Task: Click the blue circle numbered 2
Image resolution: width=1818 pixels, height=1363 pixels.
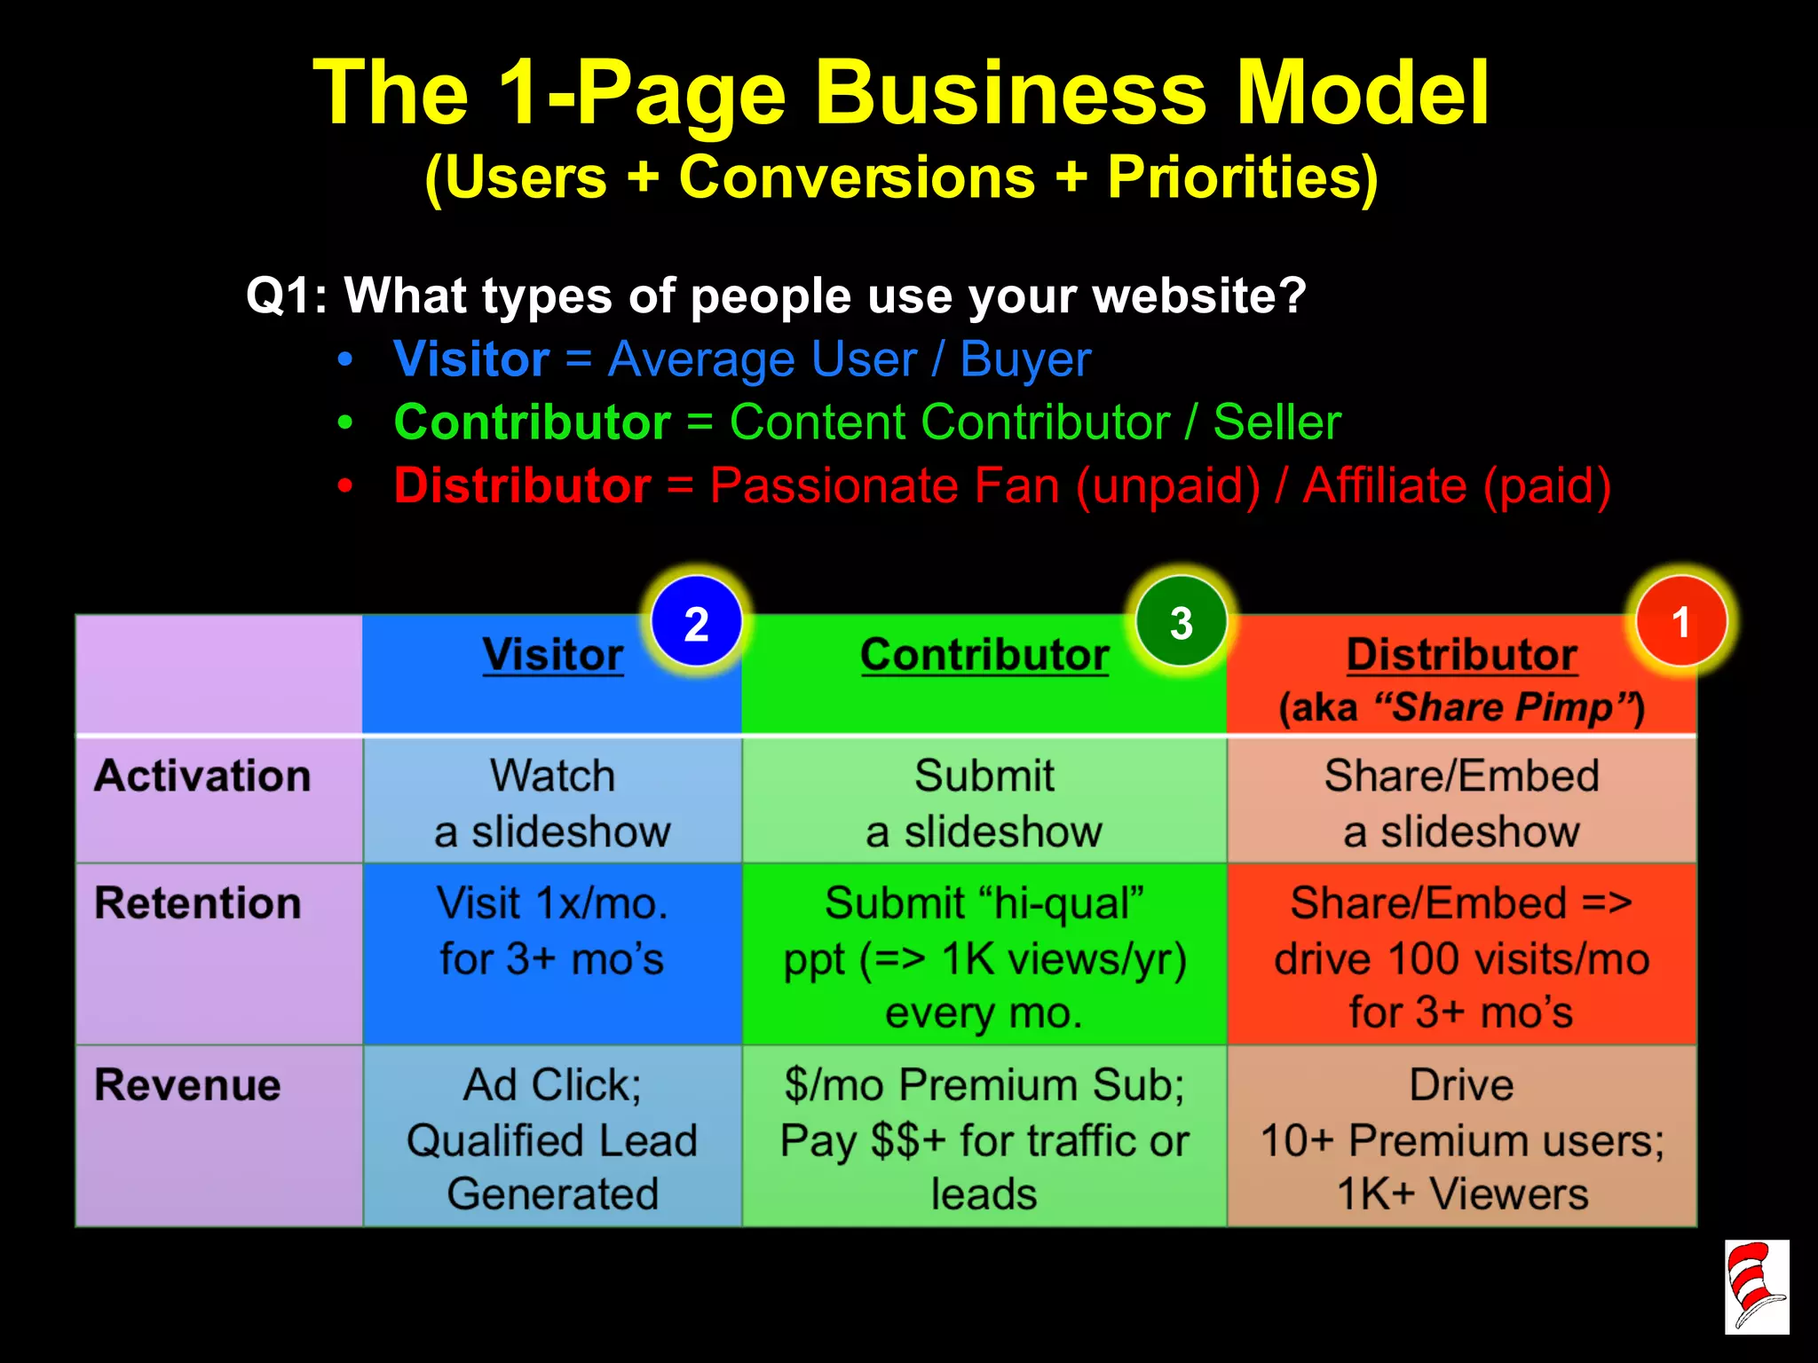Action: point(696,622)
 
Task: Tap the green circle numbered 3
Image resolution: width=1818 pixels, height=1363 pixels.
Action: point(1181,622)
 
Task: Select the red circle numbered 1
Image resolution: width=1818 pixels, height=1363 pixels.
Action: point(1680,621)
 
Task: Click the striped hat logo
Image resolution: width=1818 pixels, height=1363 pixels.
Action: point(1756,1287)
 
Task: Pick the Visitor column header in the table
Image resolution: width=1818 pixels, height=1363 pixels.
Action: point(552,656)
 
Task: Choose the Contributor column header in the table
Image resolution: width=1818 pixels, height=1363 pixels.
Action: point(984,656)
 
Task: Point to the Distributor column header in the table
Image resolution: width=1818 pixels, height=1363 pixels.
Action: point(1461,656)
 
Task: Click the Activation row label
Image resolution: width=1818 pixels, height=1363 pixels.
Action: point(202,776)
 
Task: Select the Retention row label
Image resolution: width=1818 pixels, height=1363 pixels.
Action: point(198,903)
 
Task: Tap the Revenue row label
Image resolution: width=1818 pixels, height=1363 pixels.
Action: point(187,1085)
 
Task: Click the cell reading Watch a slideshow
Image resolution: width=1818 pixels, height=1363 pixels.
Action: point(552,802)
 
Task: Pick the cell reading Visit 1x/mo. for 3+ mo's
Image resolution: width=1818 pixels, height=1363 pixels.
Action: point(552,932)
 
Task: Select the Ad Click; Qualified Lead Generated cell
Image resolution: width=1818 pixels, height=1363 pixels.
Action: point(552,1139)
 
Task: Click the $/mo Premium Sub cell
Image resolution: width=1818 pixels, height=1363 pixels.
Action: point(984,1139)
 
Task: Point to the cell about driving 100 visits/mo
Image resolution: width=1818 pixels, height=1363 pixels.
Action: point(1461,958)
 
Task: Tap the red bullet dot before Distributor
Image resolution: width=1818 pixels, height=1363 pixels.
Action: point(345,486)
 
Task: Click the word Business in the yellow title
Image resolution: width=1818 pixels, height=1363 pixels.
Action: point(1010,93)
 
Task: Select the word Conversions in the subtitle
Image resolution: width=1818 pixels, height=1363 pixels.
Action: point(857,177)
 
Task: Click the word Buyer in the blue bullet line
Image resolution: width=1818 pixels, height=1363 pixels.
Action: point(1025,360)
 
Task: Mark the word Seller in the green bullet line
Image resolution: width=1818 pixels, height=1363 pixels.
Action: point(1277,422)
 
